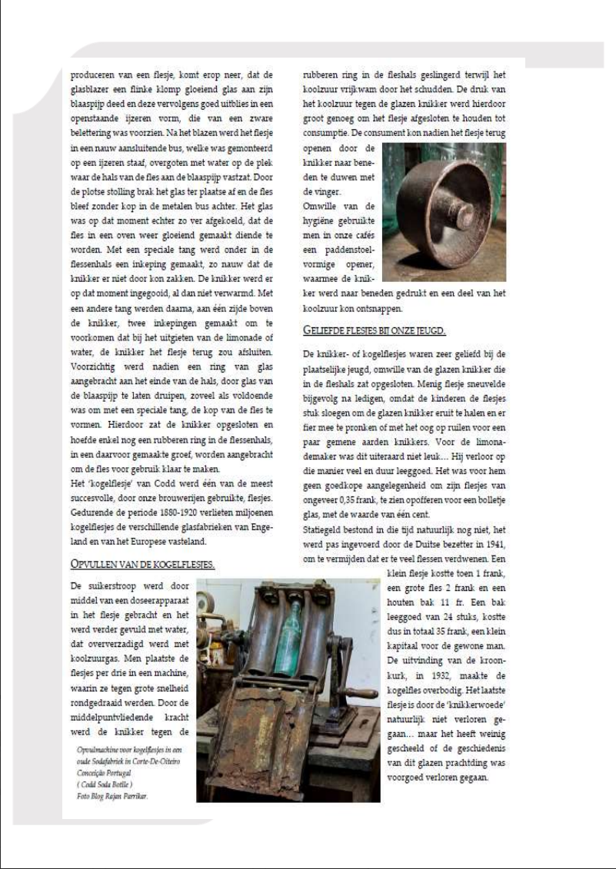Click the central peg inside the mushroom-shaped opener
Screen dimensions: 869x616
click(462, 212)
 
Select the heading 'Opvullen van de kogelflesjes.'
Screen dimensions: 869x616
click(142, 565)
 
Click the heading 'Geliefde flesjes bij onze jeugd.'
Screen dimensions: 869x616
click(375, 330)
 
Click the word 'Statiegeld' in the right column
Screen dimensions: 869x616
click(326, 530)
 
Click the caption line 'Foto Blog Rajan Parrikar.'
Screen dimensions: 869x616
click(112, 796)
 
